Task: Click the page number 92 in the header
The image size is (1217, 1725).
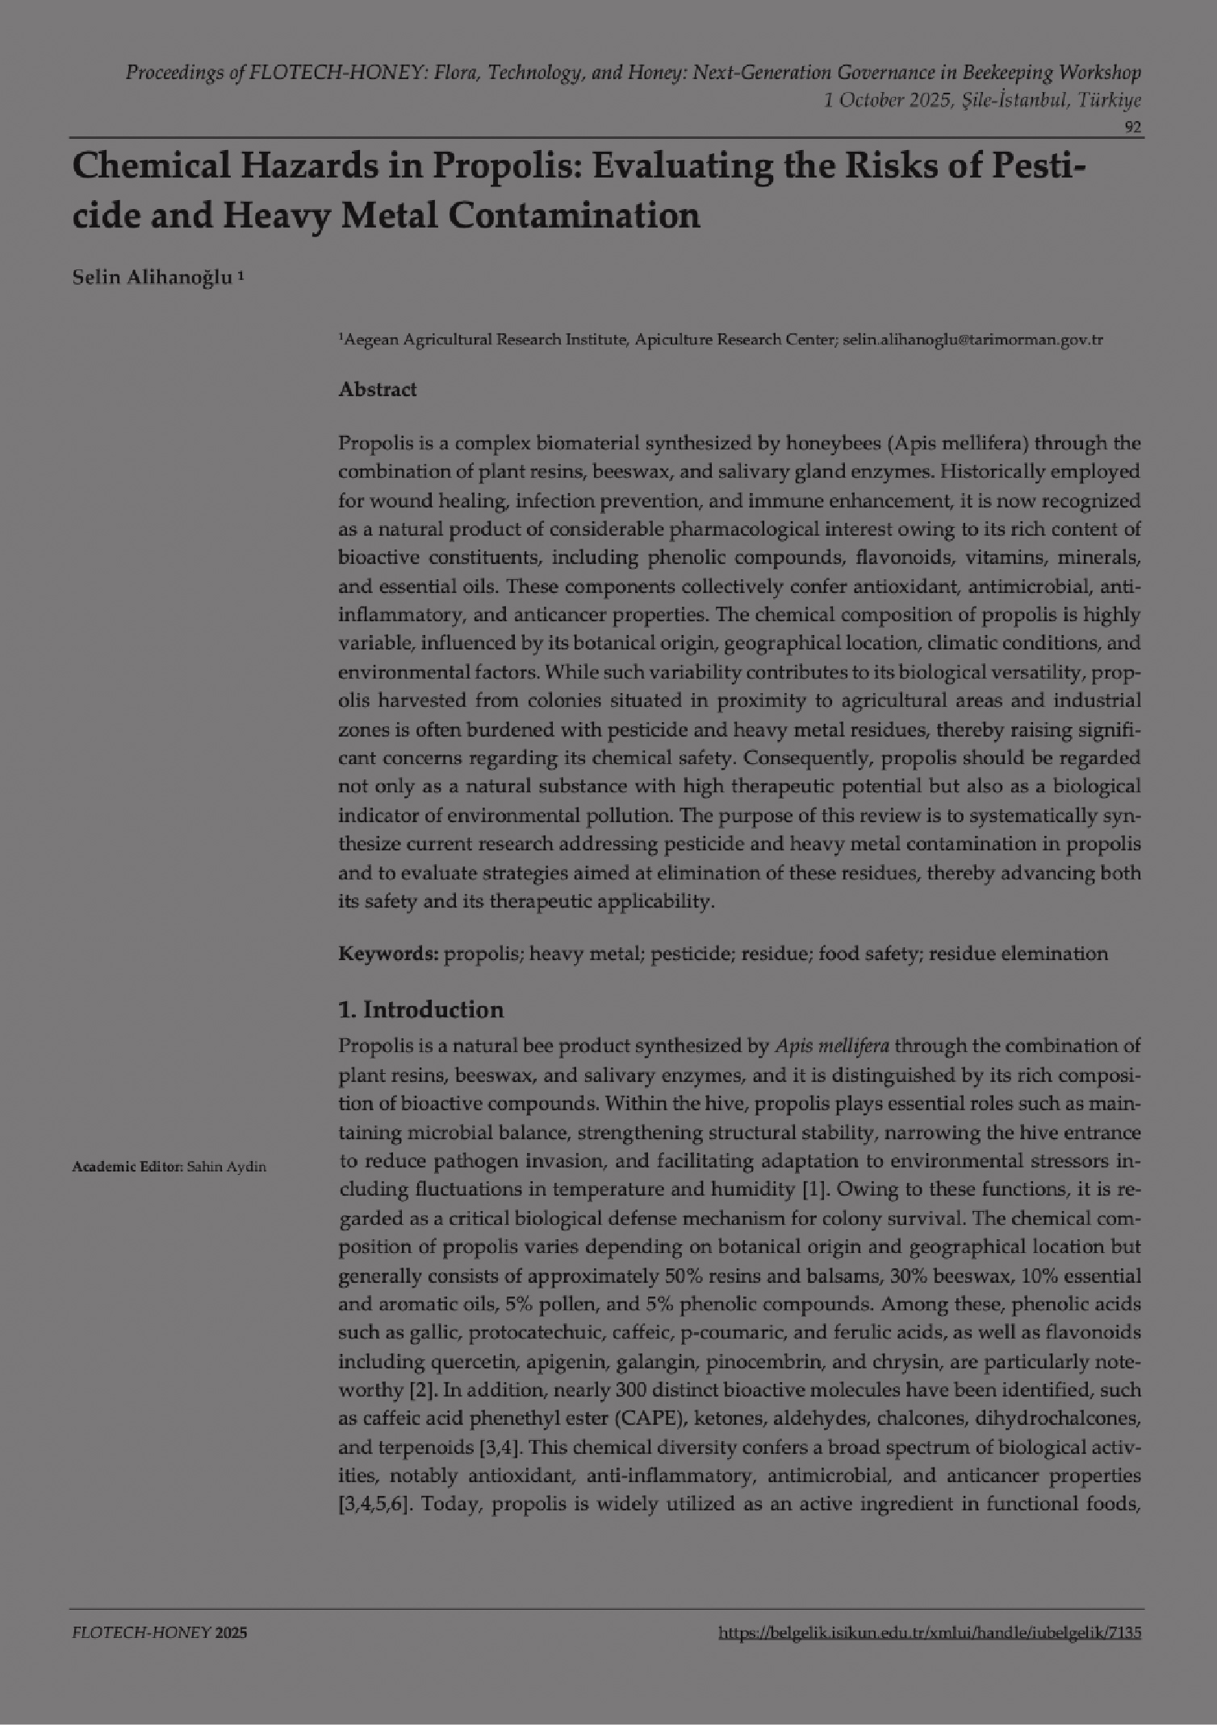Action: [1133, 127]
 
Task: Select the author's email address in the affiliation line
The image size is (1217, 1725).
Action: [972, 340]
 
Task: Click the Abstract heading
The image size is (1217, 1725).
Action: [378, 390]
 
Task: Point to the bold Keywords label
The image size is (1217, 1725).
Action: [388, 954]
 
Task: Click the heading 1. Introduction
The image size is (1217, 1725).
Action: [420, 1009]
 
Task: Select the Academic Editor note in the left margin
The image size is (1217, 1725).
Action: [169, 1167]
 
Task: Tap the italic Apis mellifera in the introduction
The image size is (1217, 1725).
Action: [832, 1046]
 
